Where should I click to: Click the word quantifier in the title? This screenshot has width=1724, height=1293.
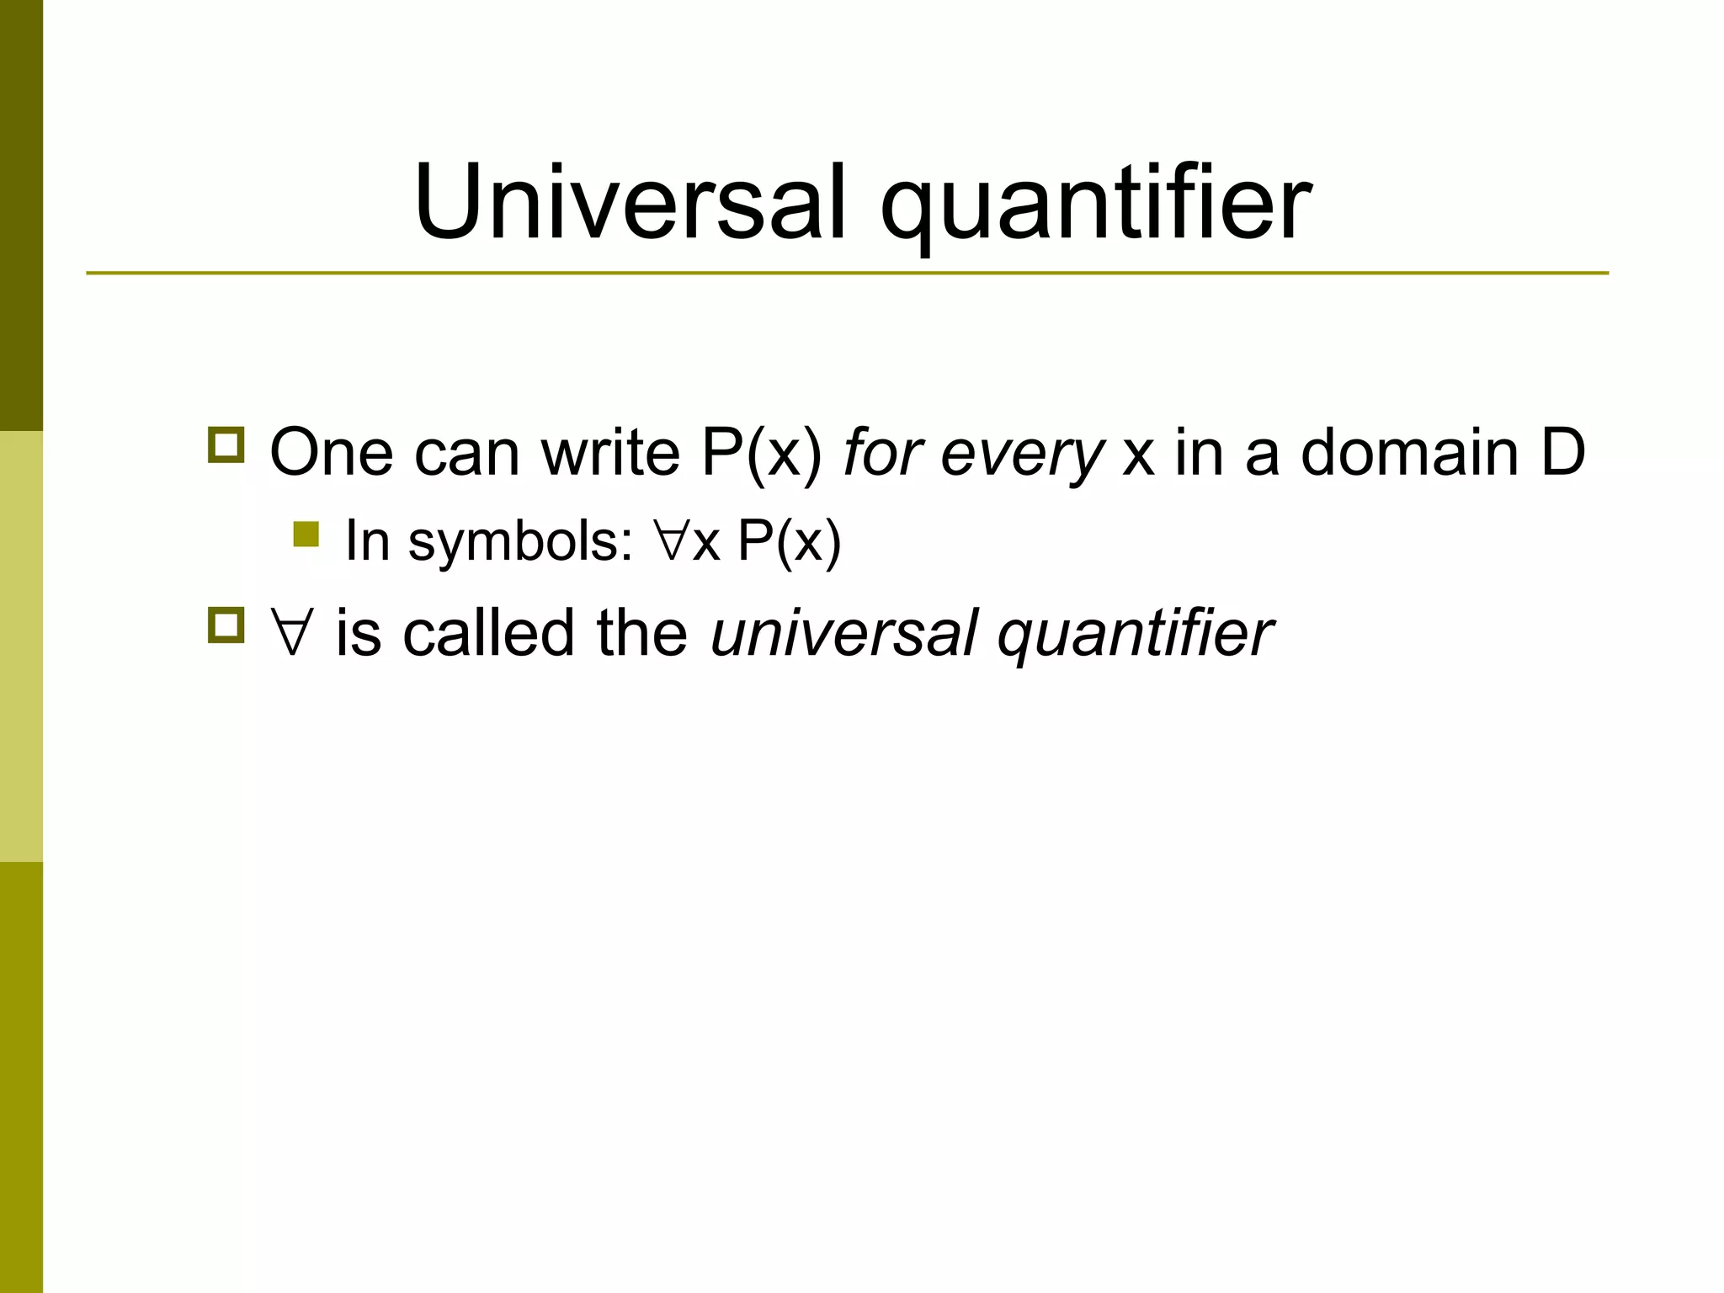tap(1095, 206)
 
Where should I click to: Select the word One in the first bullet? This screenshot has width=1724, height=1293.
tap(331, 453)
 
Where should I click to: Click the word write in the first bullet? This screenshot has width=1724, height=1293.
tap(610, 453)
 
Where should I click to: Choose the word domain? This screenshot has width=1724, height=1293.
tap(1410, 453)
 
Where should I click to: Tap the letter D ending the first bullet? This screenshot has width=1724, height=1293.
tap(1563, 453)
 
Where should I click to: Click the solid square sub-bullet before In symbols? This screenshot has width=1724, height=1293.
tap(306, 535)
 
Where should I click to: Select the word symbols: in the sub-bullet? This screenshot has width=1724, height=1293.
tap(520, 541)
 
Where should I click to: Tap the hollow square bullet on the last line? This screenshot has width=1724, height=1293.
tap(226, 625)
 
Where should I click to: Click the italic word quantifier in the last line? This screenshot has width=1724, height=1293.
tap(1136, 635)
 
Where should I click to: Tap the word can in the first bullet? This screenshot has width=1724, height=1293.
tap(466, 455)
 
